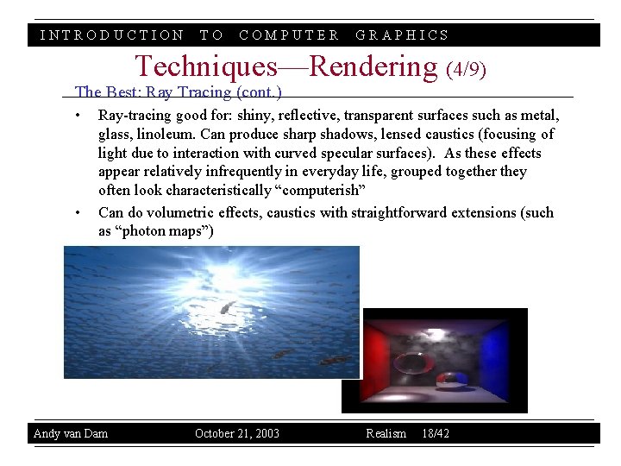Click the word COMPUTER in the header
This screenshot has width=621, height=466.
point(289,35)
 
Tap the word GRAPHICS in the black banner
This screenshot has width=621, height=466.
point(403,35)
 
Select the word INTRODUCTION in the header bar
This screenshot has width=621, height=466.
point(112,35)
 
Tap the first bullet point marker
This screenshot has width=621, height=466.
point(78,116)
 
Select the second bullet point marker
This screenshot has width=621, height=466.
point(78,213)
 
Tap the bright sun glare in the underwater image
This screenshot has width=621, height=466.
point(226,277)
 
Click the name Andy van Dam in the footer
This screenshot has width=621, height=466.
point(71,433)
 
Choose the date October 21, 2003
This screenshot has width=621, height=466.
point(237,433)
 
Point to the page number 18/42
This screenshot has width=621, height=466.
point(436,433)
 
